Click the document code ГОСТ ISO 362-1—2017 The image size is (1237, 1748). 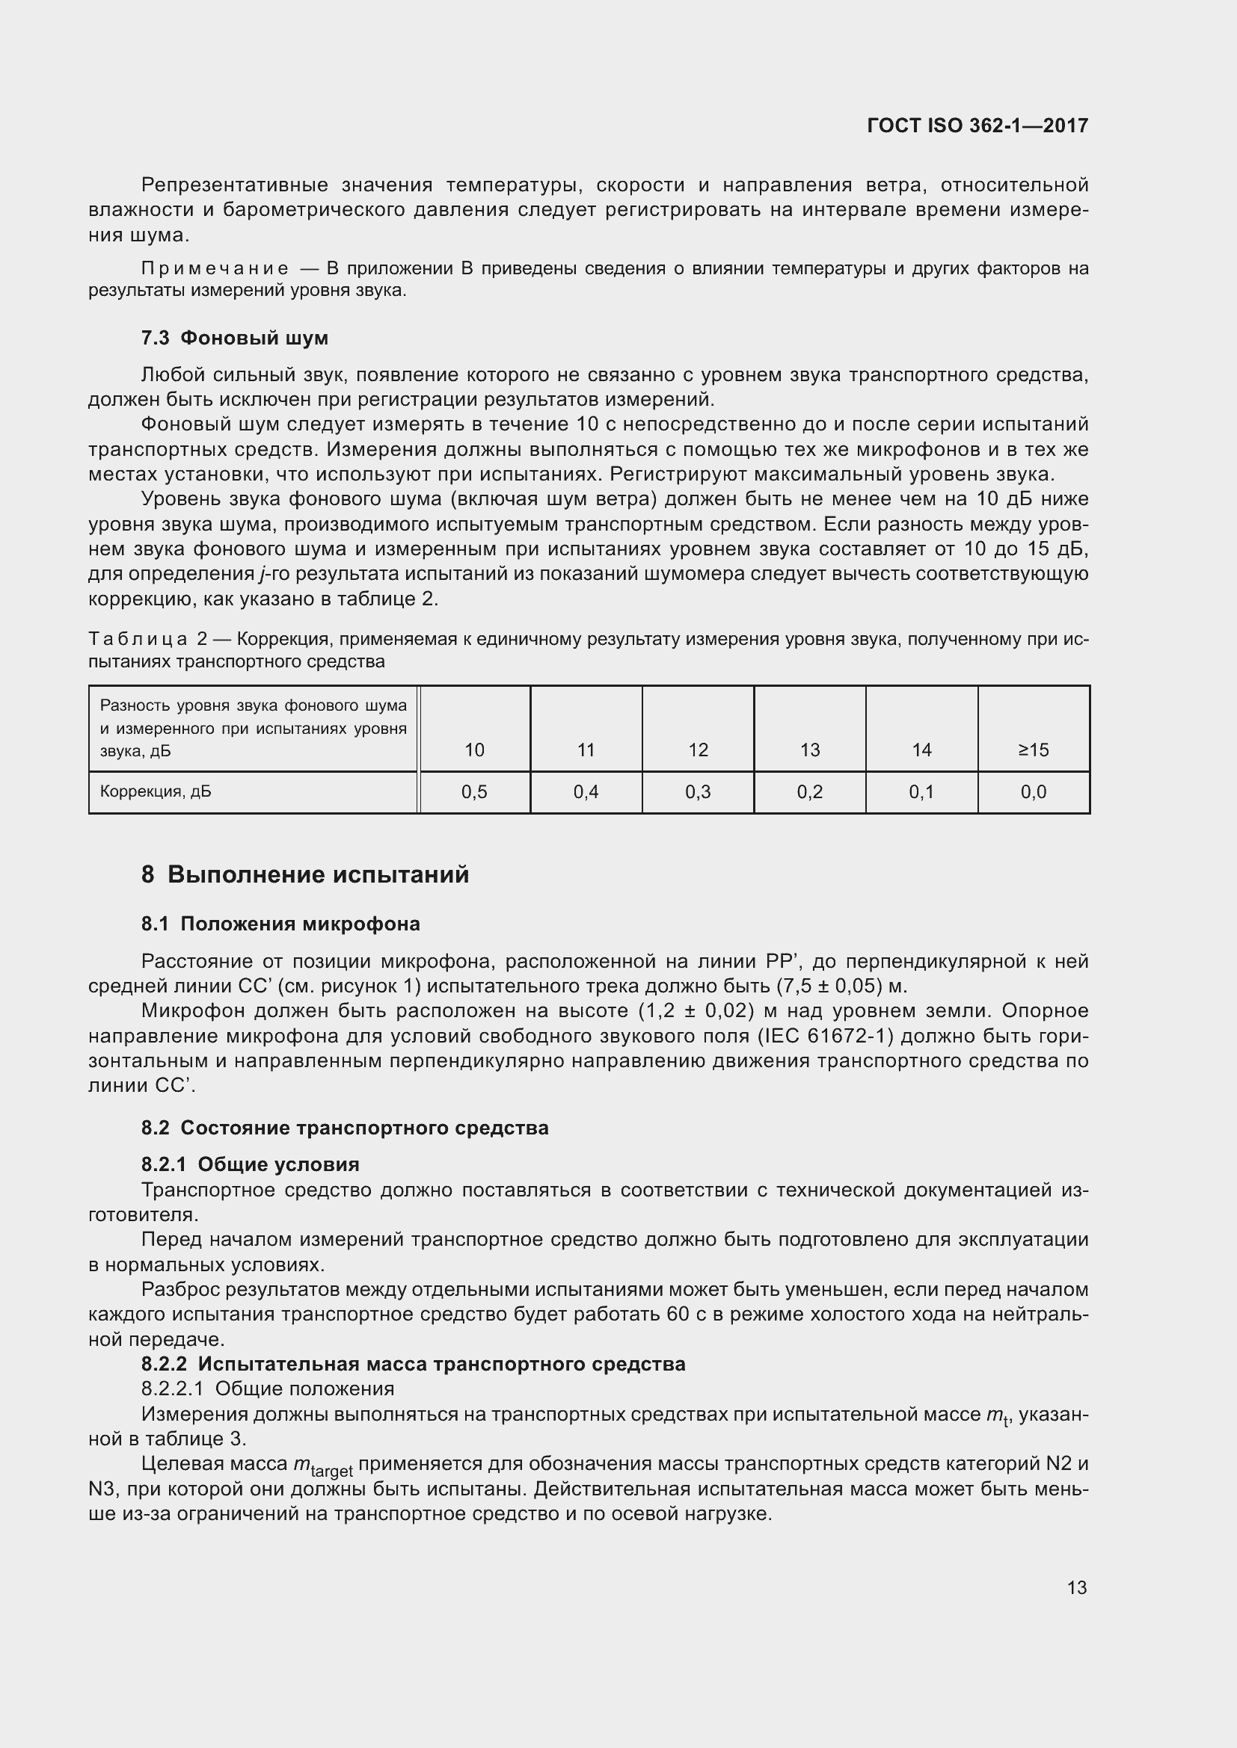[977, 126]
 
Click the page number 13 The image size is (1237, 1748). [1076, 1587]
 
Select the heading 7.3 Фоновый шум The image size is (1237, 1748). [235, 338]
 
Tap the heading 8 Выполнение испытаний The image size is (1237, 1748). [304, 875]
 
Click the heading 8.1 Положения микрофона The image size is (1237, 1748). [280, 924]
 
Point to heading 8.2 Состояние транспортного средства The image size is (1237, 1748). [344, 1128]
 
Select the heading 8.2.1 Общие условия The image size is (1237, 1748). [250, 1164]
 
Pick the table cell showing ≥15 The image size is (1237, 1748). [1033, 750]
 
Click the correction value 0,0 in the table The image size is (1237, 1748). [1033, 791]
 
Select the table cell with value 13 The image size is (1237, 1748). [810, 750]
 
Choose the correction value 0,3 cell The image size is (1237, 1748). [698, 791]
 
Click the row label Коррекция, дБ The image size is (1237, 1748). [156, 791]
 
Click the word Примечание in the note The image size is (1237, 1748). [215, 269]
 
